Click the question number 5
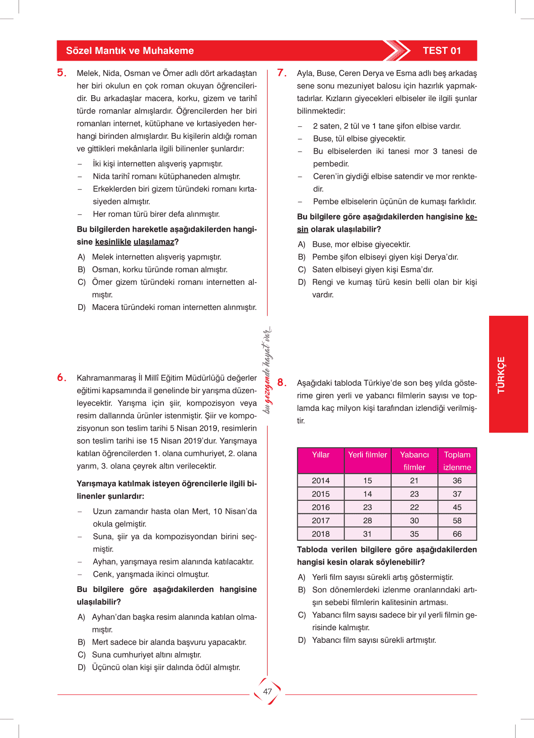pos(62,73)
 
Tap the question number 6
pos(62,378)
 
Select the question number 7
pos(282,73)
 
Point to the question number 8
pos(282,383)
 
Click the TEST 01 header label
pos(442,51)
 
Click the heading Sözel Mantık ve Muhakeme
pos(130,51)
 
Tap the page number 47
pos(268,692)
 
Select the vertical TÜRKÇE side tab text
pos(501,375)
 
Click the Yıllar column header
pos(321,455)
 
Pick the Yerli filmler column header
pos(367,455)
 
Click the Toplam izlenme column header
pos(457,461)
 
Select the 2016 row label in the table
pos(321,508)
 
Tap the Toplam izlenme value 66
pos(457,534)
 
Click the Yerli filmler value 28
pos(367,521)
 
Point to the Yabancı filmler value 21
pos(414,481)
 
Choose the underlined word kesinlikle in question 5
pos(113,242)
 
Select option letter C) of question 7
pos(302,270)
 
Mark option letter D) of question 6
pos(81,667)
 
